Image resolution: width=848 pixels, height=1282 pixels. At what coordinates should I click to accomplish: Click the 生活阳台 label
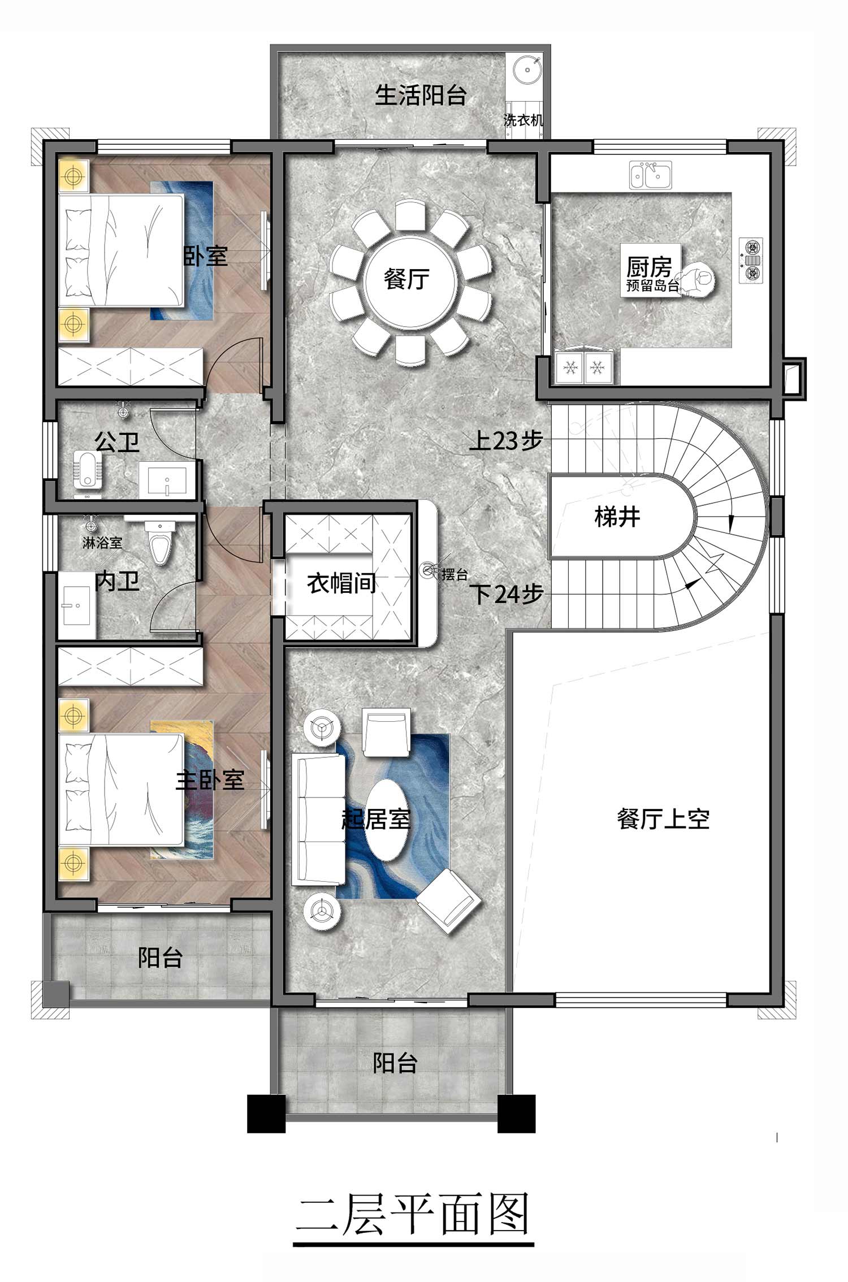421,95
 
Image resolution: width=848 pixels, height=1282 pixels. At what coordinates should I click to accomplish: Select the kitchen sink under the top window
651,174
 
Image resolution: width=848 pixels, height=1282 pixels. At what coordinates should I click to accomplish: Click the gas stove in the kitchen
751,260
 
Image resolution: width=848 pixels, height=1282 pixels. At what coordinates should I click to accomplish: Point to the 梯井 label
617,517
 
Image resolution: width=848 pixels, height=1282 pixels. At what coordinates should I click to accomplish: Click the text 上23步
506,440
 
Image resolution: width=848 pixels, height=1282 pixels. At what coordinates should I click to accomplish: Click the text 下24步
507,594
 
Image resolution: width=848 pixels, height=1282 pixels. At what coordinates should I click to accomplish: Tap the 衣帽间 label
341,583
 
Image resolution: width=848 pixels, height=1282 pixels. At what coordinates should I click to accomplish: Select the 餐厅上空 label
663,818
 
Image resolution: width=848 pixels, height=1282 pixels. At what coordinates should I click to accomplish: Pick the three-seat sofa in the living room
318,820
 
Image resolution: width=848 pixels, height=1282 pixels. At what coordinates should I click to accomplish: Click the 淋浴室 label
102,543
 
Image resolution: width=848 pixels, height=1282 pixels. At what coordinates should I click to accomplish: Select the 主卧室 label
210,781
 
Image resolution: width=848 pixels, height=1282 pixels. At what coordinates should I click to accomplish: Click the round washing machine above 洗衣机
528,70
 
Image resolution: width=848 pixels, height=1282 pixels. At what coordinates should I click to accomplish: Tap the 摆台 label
455,574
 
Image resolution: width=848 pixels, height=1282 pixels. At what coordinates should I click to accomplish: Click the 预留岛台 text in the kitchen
652,285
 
